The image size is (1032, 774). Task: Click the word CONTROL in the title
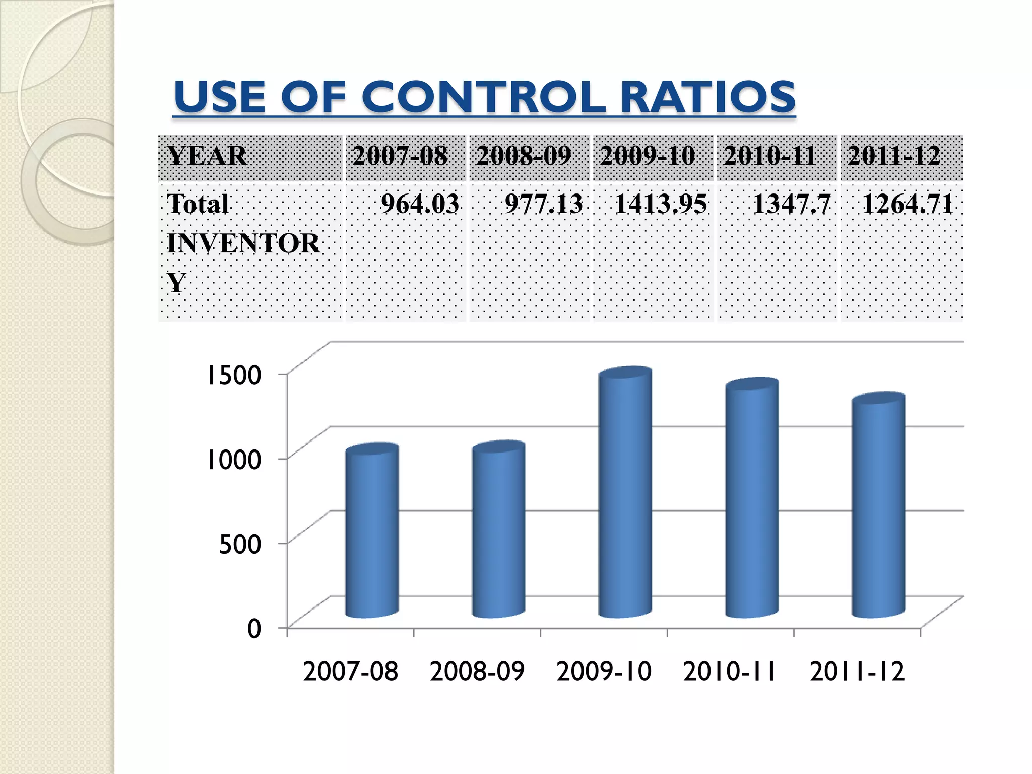tap(483, 97)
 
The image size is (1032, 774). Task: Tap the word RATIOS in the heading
tap(707, 97)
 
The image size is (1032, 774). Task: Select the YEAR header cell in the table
tap(207, 156)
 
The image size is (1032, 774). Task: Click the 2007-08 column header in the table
tap(400, 156)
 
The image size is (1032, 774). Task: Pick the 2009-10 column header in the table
tap(648, 156)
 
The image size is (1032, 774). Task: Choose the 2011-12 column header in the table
tap(894, 156)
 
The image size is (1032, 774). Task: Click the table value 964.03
tap(420, 204)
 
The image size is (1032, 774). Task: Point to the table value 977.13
tap(544, 204)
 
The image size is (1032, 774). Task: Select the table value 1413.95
tap(661, 204)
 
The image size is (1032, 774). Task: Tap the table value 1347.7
tap(791, 204)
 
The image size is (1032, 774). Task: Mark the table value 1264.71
tap(908, 204)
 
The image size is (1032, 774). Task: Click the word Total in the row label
tap(198, 204)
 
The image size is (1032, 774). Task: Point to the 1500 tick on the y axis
tap(233, 375)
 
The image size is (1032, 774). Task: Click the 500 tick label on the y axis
tap(240, 544)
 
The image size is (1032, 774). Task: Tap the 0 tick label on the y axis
tap(254, 629)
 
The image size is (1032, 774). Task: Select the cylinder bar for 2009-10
tap(625, 494)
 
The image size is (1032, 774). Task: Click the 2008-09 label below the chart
tap(477, 672)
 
